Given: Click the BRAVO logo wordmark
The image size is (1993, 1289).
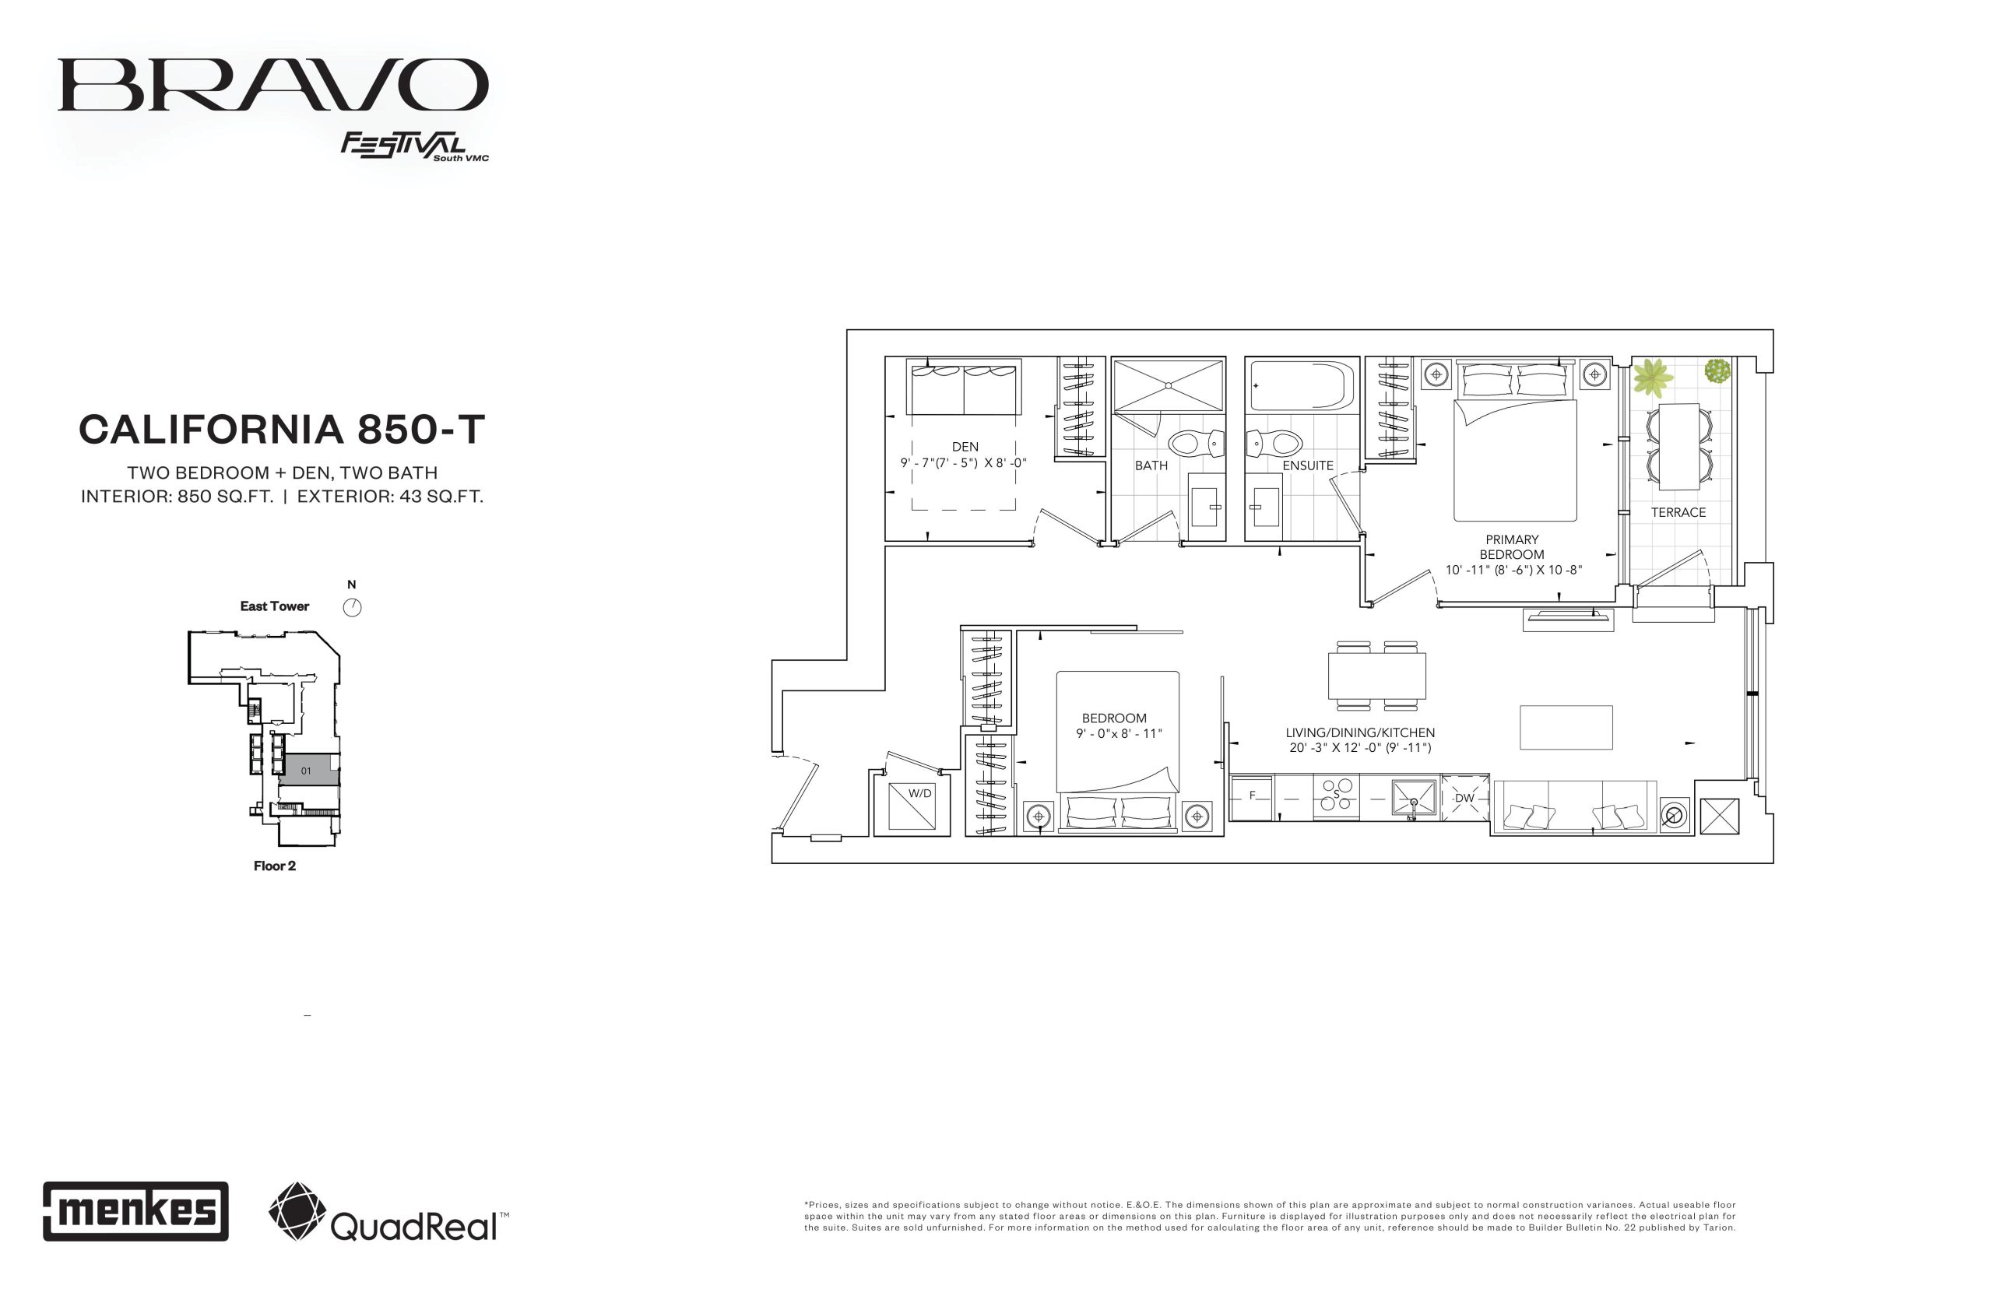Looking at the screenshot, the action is (273, 85).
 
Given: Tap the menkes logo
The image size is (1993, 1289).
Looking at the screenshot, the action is (135, 1210).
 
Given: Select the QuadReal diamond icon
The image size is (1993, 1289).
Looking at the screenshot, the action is (297, 1210).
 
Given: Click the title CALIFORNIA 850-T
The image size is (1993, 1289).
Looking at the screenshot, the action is (282, 430).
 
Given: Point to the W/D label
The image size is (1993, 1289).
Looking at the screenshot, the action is (919, 792).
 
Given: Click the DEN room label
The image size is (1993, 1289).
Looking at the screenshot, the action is (965, 447).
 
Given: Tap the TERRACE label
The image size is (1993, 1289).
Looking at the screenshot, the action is (1678, 512).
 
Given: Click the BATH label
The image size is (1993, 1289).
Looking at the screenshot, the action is (1151, 465).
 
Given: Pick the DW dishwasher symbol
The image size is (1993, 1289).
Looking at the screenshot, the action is (1464, 798).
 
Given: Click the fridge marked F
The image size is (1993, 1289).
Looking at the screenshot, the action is (1251, 798).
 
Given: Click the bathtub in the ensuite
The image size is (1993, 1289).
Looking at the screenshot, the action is (1302, 385).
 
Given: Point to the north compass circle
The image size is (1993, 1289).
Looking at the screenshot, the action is (353, 608).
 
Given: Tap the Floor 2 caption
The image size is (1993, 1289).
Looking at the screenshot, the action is (275, 866).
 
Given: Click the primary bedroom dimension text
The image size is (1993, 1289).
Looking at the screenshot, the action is (1513, 570).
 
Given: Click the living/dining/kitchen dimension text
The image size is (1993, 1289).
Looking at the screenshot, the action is (1360, 747).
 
